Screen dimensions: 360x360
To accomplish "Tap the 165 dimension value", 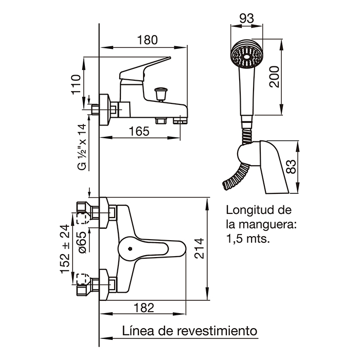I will [x=139, y=132].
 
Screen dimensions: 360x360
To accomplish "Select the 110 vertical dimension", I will [x=77, y=85].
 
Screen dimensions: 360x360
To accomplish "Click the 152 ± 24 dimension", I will [x=65, y=249].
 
